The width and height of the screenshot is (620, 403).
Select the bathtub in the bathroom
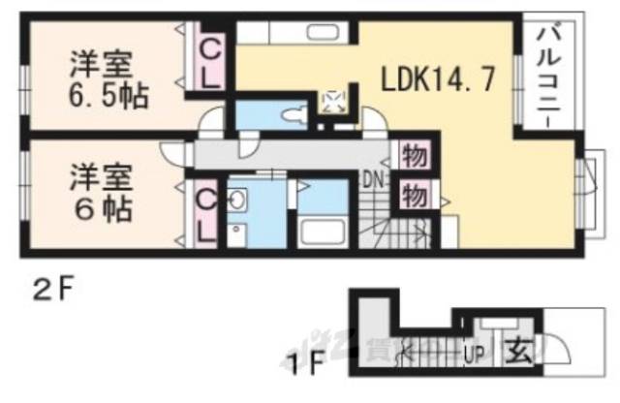pos(322,233)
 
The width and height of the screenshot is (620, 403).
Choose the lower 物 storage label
pos(412,194)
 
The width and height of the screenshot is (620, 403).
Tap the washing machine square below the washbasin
pos(237,234)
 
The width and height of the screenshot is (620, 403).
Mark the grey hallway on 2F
pos(291,155)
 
